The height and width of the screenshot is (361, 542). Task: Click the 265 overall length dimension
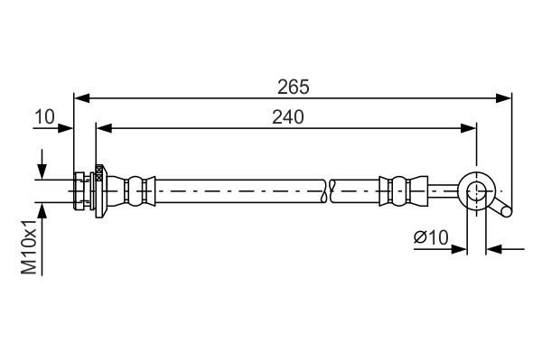(294, 87)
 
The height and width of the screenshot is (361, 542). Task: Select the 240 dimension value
(286, 116)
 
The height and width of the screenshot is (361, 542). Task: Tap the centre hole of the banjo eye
(477, 190)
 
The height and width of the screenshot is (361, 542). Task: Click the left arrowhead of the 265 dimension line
(79, 97)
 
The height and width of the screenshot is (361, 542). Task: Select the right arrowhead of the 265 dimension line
(506, 97)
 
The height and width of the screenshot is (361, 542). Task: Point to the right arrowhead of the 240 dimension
(470, 128)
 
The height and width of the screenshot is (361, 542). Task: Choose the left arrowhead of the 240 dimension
(103, 128)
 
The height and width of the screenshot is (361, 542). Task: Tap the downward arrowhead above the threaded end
(42, 172)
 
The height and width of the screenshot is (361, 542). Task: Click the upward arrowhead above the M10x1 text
(42, 207)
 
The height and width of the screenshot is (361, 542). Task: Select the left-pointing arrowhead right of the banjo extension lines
(492, 248)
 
